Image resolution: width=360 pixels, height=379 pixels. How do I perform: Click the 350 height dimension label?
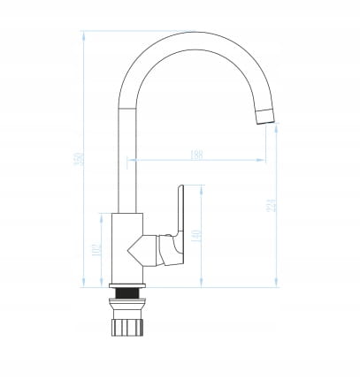[x=78, y=159]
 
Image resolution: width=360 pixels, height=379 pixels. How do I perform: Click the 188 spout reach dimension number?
[x=196, y=154]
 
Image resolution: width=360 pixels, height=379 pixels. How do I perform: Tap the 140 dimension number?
[x=196, y=236]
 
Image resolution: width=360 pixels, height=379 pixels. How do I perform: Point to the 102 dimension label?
[x=96, y=252]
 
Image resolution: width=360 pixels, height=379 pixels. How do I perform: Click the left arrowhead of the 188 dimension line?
[x=129, y=160]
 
